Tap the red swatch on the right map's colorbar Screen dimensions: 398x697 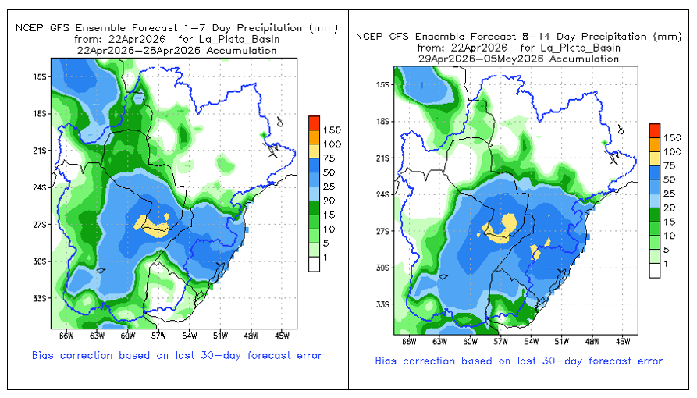point(655,128)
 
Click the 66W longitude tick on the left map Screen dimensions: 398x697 point(66,336)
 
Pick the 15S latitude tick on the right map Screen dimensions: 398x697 point(382,84)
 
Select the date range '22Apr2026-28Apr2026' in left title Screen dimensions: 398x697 point(176,50)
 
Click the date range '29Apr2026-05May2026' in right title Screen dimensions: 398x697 point(518,58)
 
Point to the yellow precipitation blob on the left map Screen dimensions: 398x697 point(151,226)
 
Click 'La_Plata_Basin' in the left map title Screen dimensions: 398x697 point(242,39)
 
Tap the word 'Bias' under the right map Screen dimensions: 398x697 point(387,361)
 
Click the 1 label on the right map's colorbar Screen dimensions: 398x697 point(667,265)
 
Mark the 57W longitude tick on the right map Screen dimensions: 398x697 point(500,341)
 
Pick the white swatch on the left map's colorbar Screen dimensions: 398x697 point(314,265)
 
